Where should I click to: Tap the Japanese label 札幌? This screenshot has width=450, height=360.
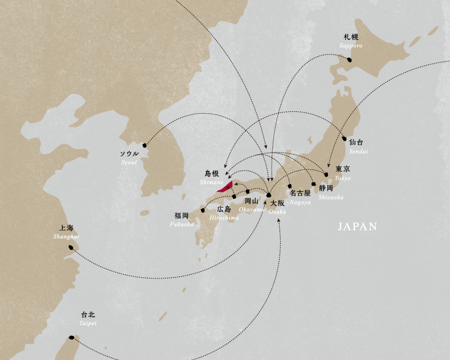click(350, 37)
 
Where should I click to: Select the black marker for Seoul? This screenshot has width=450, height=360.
click(145, 146)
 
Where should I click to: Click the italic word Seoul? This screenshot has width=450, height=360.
click(129, 163)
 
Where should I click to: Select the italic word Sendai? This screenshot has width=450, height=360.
click(358, 152)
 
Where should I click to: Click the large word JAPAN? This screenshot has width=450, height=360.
click(357, 227)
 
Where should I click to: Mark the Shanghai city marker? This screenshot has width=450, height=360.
click(70, 246)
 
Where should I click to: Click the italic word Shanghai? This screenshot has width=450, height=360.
click(66, 237)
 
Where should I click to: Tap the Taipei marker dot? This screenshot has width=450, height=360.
click(71, 338)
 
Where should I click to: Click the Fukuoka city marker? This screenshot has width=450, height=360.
click(202, 211)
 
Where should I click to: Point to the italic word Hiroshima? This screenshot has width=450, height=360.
click(223, 218)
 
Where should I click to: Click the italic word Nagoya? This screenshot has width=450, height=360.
click(300, 202)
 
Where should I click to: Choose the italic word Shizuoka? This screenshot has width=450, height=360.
click(331, 197)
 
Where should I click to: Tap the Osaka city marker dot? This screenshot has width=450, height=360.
click(268, 196)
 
